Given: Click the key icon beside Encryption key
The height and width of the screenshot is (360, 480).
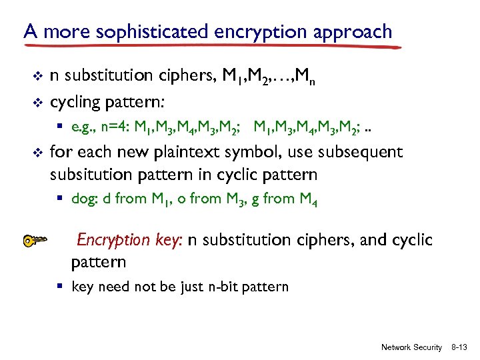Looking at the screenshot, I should pos(37,241).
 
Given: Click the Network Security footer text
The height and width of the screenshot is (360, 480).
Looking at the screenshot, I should pos(411,347).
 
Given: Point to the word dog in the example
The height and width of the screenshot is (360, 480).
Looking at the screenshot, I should pos(83,198).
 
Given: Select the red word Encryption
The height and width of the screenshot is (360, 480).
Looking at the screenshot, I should pos(114,240).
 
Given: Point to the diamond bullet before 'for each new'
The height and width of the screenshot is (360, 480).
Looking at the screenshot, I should pos(37,152).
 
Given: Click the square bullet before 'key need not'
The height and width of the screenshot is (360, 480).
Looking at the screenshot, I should pos(60,287).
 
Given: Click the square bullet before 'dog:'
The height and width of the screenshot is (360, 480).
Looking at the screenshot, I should pos(60,198).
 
